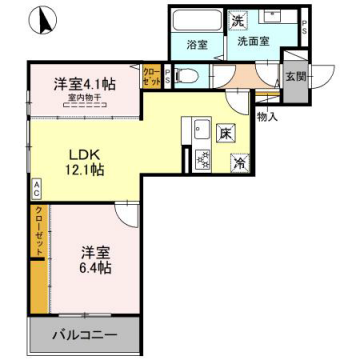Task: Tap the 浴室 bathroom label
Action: [x=195, y=45]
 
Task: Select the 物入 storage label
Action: [x=267, y=117]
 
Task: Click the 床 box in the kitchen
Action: [x=226, y=132]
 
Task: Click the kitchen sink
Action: [x=198, y=129]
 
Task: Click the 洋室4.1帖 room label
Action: [x=84, y=84]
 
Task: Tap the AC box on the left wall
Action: [x=36, y=187]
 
